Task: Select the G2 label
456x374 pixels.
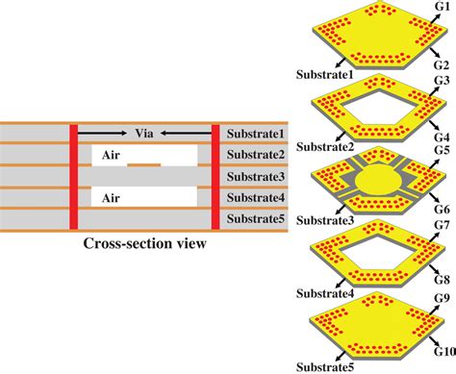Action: [x=442, y=63]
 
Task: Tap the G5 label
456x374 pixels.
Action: [x=442, y=150]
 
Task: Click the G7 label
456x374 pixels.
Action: [x=442, y=226]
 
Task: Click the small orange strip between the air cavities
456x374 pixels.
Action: [x=143, y=165]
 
